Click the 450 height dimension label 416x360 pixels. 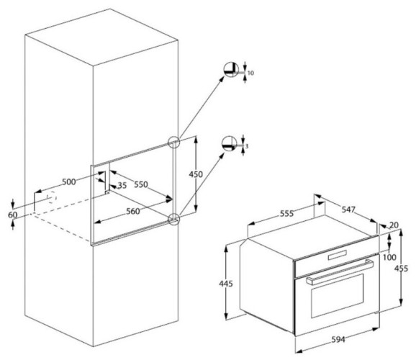pos(196,174)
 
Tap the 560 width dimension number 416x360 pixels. pos(133,212)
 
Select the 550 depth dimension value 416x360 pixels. pos(141,184)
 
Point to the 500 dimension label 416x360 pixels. pos(69,182)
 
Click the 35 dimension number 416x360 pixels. pos(122,185)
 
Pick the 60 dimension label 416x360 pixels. pos(12,215)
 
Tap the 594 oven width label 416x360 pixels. pos(338,339)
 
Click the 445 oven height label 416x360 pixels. pos(226,284)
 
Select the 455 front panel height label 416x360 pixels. pos(401,269)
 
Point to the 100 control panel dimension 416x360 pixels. pos(390,257)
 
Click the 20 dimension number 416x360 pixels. pos(394,225)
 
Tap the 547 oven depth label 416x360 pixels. pos(348,210)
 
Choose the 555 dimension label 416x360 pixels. pos(286,213)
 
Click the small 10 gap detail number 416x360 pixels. pos(250,73)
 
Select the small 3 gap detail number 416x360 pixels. pos(247,146)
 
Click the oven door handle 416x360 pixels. pos(340,272)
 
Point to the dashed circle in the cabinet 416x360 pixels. pos(52,198)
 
